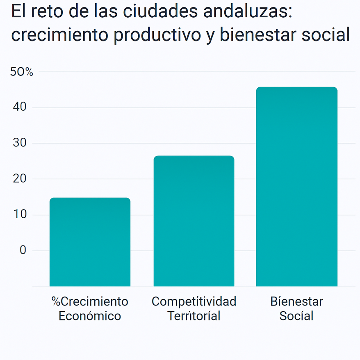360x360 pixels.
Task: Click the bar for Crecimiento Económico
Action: [90, 242]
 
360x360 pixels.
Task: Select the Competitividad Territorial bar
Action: [194, 221]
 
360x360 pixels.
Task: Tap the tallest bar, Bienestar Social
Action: [296, 187]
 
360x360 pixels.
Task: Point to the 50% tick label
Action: [21, 72]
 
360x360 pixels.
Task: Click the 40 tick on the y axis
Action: [20, 107]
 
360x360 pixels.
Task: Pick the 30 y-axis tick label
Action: [20, 143]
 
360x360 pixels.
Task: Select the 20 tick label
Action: [20, 179]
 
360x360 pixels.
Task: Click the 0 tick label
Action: [23, 250]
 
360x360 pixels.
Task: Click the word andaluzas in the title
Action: [242, 12]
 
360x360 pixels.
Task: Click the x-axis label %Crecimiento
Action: [90, 302]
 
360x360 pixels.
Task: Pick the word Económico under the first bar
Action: [90, 316]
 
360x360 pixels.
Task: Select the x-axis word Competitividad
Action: [194, 302]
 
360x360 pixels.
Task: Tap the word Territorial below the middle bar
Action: [194, 316]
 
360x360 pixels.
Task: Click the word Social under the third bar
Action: [296, 316]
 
